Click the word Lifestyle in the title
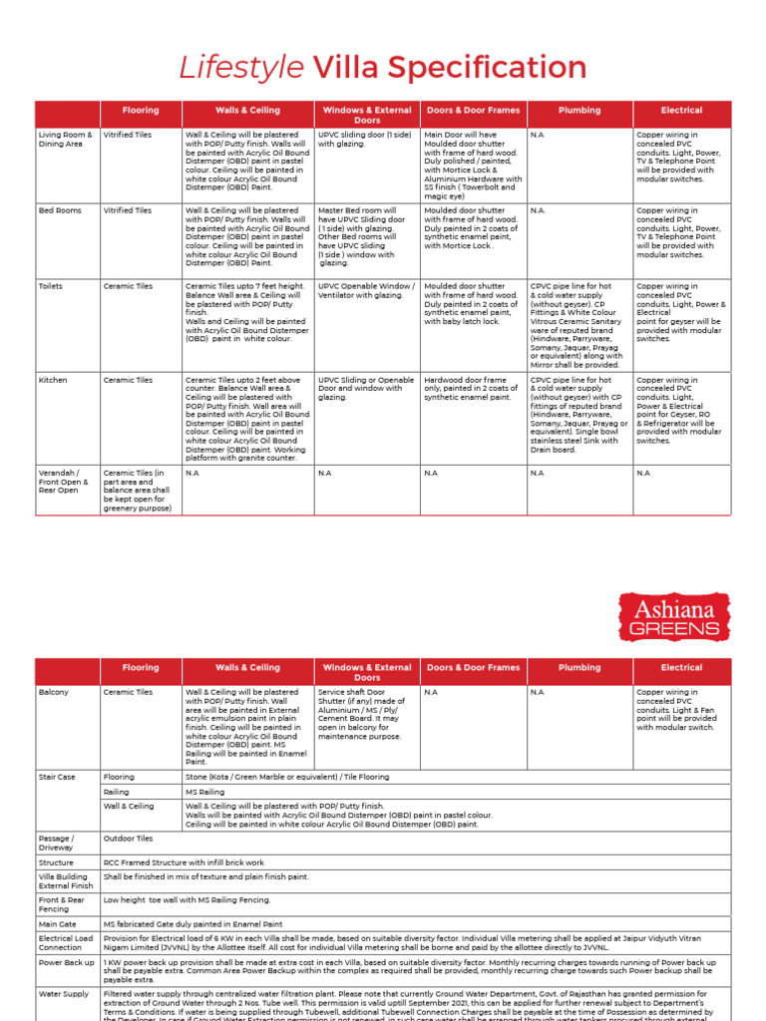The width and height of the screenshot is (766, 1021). [x=241, y=68]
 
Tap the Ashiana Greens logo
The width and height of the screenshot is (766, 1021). [x=675, y=617]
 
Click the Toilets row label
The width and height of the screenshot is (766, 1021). [x=51, y=286]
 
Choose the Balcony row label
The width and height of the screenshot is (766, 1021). [x=54, y=691]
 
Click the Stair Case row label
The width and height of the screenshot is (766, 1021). [x=57, y=776]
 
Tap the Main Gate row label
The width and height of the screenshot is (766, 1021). [x=58, y=923]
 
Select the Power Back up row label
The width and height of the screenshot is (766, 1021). [x=65, y=963]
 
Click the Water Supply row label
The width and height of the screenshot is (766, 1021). [x=63, y=994]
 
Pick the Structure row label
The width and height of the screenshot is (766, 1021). [x=56, y=862]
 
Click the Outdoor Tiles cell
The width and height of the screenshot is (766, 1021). [x=128, y=839]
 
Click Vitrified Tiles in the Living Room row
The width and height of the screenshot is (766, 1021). [x=128, y=135]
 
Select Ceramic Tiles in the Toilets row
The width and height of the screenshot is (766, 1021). [x=128, y=286]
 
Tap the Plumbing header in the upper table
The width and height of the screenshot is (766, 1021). [x=579, y=111]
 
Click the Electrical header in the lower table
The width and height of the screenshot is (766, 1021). [x=681, y=667]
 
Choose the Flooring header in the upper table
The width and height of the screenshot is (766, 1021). [x=140, y=111]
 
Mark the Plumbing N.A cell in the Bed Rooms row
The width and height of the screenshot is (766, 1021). [x=539, y=210]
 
